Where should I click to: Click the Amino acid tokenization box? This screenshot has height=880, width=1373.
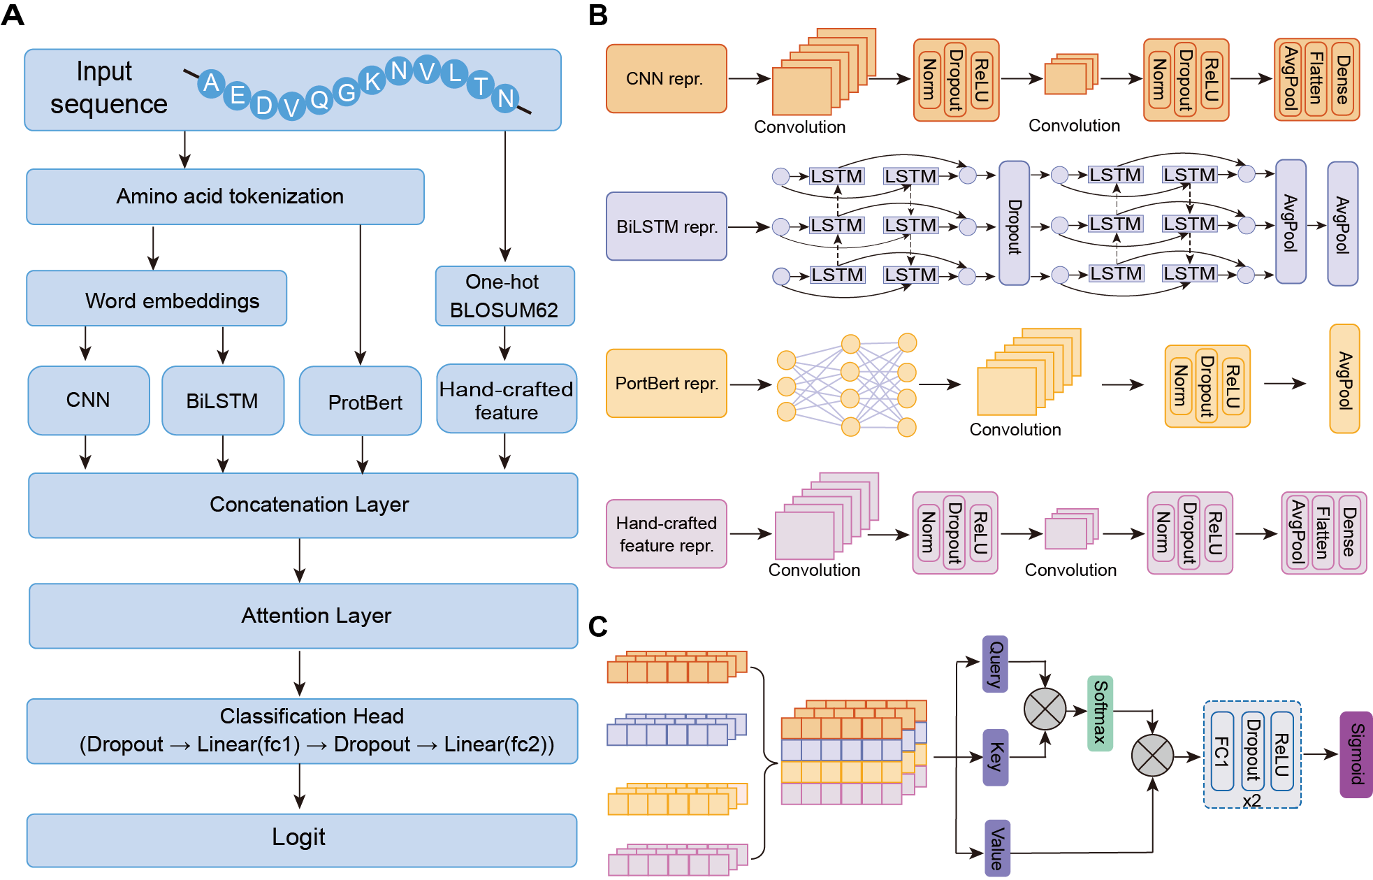tap(225, 196)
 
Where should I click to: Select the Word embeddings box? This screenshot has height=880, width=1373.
tap(157, 299)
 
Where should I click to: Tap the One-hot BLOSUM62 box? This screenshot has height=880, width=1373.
tap(504, 296)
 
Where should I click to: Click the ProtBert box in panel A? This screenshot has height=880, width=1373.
tap(361, 401)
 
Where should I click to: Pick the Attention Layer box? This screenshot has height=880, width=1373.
tap(303, 616)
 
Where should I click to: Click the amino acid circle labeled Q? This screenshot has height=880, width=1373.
tap(319, 100)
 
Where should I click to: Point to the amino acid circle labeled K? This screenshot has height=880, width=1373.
tap(372, 81)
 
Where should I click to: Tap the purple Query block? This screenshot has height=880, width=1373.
tap(995, 663)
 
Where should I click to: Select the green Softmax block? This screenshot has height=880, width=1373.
tap(1100, 713)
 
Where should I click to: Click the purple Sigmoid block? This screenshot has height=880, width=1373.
tap(1356, 754)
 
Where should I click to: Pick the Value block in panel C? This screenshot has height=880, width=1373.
tap(997, 848)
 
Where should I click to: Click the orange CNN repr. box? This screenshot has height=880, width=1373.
tap(666, 79)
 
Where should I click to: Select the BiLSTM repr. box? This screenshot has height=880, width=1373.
tap(666, 226)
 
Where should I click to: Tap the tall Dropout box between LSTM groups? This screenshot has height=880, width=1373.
tap(1014, 224)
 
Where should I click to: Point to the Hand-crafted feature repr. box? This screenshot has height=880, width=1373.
tap(666, 534)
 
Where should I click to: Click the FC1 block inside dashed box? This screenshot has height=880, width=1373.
tap(1221, 751)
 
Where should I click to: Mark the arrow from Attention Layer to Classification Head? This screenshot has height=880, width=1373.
tap(300, 673)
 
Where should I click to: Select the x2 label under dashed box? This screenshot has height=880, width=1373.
tap(1251, 801)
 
